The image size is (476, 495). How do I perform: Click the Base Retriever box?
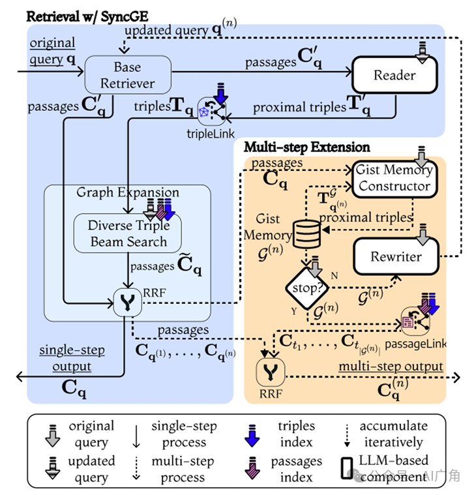click(x=128, y=75)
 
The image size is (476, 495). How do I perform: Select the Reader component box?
click(x=394, y=75)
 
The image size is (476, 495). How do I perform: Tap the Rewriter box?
click(x=396, y=256)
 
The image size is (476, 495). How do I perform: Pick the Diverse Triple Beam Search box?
click(x=128, y=233)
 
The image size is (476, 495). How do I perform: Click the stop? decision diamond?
click(x=307, y=288)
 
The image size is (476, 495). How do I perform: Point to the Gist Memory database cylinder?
click(x=306, y=234)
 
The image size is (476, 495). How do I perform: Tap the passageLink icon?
click(x=415, y=322)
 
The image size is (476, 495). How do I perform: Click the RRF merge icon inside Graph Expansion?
click(x=128, y=303)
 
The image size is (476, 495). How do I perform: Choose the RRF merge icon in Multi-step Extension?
click(x=271, y=372)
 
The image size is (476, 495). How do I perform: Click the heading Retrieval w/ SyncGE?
click(x=87, y=16)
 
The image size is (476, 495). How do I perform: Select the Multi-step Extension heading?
click(x=307, y=147)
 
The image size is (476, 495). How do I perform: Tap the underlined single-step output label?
click(x=72, y=358)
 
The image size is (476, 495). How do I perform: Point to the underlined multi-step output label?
click(x=391, y=367)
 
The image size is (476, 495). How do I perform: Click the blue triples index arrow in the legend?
click(x=252, y=436)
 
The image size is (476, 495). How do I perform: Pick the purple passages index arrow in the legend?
click(x=252, y=468)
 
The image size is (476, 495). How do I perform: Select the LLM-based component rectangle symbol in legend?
click(x=347, y=468)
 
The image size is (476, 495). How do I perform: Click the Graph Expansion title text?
click(x=128, y=192)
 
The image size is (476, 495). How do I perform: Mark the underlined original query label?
click(x=52, y=51)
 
